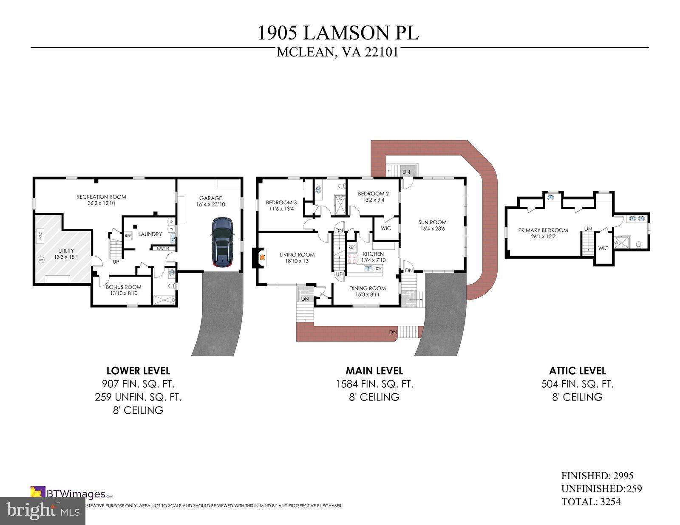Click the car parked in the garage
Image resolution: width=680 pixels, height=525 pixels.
[x=222, y=243]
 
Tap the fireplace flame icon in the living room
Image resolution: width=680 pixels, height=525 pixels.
[x=262, y=257]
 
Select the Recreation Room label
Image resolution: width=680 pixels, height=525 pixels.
[x=101, y=197]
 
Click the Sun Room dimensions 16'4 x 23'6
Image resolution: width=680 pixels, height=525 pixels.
[x=432, y=229]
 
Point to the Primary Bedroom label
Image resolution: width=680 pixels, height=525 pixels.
[x=543, y=230]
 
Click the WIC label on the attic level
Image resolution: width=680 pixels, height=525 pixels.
[x=603, y=248]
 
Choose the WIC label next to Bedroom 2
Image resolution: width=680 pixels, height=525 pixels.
[x=386, y=229]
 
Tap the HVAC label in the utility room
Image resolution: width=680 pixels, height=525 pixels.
[x=40, y=234]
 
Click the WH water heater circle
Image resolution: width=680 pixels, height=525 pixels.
[x=41, y=260]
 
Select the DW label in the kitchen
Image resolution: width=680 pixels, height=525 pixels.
[x=379, y=268]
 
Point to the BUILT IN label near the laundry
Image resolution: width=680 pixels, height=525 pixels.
[x=163, y=248]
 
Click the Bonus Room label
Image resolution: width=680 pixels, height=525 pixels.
[x=124, y=287]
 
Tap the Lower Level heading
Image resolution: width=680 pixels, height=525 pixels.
[x=138, y=370]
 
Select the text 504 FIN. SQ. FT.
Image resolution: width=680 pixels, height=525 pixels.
[x=577, y=384]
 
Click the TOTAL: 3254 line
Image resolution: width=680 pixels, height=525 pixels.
[x=591, y=502]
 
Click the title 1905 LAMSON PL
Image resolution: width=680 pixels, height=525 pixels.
[x=338, y=33]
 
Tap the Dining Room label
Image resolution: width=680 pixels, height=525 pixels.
[x=367, y=288]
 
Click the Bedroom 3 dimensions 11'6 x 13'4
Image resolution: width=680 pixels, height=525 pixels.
[x=281, y=209]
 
